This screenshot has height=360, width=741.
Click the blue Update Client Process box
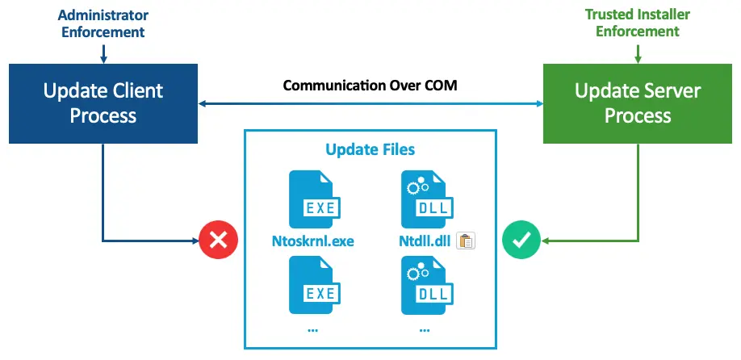coord(103,103)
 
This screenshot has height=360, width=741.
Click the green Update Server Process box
coord(638,103)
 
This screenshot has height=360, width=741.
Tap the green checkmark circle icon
coord(521,239)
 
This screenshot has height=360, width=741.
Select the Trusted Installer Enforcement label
coord(638,23)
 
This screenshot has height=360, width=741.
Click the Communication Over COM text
coord(370,85)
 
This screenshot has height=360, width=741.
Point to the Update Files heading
coord(370,149)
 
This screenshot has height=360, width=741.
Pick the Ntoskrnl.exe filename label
coord(313,241)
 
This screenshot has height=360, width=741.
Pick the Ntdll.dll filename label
coord(425,241)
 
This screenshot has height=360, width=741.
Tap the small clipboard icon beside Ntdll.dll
coord(466,241)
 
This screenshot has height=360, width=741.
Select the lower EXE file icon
coord(312,284)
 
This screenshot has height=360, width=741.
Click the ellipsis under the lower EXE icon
coord(312,329)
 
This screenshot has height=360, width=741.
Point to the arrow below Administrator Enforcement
coord(103,53)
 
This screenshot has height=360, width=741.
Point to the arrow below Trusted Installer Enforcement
coord(638,53)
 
